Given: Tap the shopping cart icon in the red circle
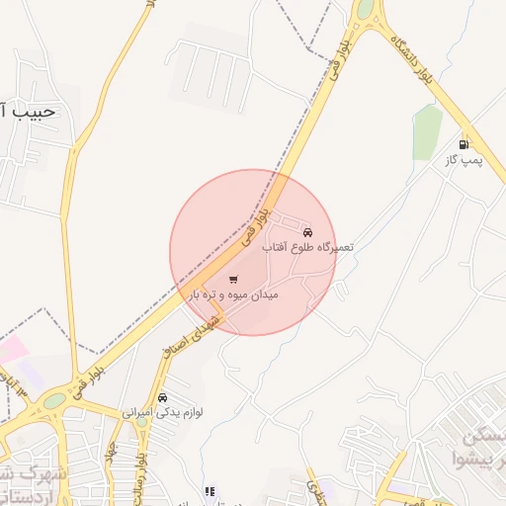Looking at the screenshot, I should point(233,280).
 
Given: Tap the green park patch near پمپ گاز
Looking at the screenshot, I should point(427,132).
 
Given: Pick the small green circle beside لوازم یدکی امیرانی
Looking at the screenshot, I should point(141,422).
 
